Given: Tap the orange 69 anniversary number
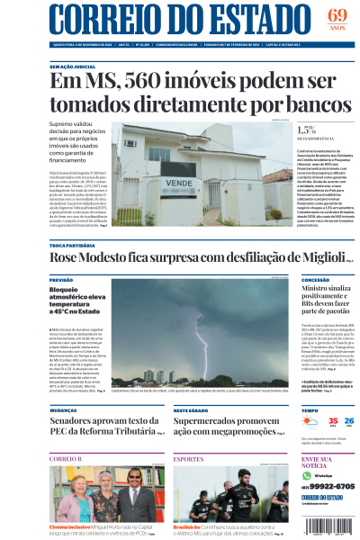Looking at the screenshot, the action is [337, 15].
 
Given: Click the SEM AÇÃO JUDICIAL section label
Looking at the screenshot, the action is [72, 67].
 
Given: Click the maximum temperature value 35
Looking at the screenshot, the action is [308, 421].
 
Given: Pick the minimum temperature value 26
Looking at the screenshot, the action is [324, 421].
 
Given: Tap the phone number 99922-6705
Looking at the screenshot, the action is [327, 486].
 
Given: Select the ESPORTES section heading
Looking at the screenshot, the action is [188, 459].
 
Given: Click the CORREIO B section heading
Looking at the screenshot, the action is [65, 459].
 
